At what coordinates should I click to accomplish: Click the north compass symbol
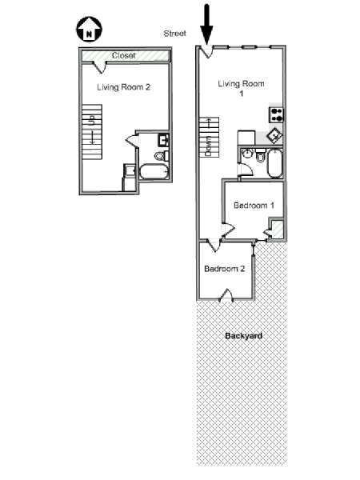89,30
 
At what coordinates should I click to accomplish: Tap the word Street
174,34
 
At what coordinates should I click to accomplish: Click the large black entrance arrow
207,24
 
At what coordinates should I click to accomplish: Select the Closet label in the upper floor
124,55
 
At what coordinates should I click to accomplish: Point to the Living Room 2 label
124,87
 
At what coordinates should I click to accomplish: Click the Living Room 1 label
242,88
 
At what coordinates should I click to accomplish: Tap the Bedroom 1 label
254,205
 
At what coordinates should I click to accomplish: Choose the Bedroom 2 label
224,269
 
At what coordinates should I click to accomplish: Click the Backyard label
244,336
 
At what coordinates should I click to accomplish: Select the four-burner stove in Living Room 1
276,115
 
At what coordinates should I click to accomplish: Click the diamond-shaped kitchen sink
274,135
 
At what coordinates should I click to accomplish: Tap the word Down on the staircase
209,146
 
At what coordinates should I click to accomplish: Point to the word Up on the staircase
92,119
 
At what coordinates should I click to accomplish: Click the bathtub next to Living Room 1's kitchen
275,163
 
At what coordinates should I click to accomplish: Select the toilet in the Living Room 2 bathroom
162,156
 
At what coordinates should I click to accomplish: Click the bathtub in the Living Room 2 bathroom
154,172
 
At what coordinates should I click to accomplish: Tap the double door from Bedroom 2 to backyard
226,295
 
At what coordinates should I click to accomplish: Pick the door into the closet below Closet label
100,67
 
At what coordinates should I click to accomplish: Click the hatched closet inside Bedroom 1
278,229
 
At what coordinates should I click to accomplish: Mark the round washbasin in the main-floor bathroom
246,154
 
